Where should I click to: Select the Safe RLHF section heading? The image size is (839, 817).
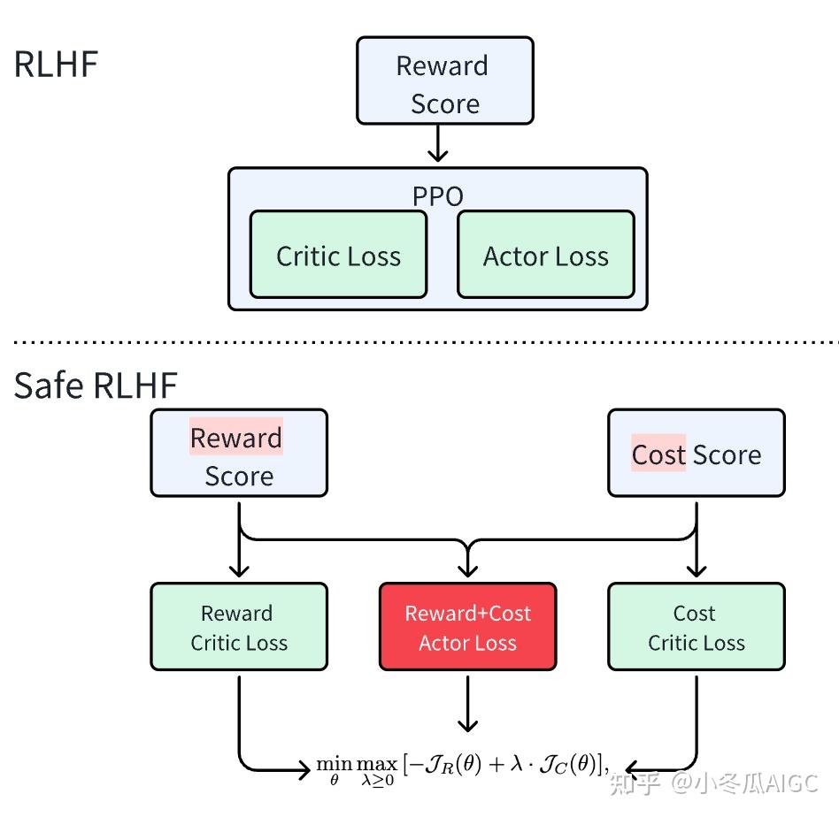96,386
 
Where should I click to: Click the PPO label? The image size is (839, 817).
437,195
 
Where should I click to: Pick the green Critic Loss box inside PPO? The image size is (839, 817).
338,256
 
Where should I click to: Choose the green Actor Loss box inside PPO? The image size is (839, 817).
545,256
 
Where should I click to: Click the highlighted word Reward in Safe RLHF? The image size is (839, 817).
235,437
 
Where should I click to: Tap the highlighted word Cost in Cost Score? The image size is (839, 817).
658,454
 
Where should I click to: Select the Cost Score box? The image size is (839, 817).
696,453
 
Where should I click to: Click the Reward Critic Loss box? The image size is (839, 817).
238,627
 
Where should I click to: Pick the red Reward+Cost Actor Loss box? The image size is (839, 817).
467,627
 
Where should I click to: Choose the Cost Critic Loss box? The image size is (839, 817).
696,627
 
